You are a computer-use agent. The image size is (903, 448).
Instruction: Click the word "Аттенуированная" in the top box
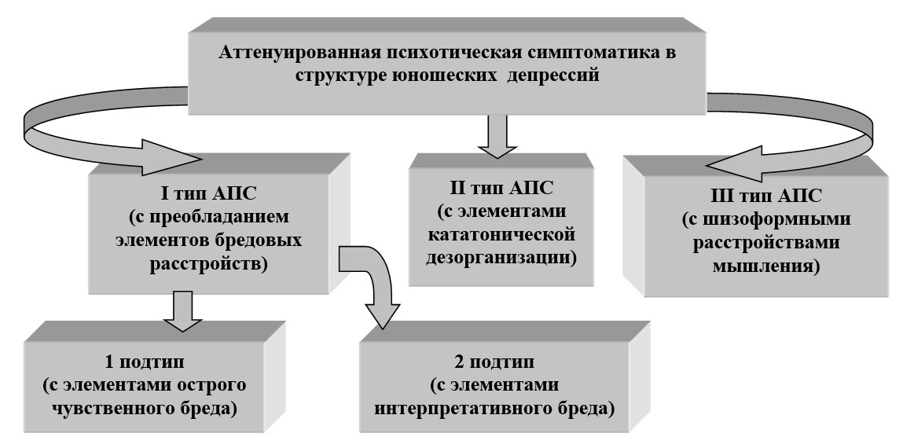tap(299, 53)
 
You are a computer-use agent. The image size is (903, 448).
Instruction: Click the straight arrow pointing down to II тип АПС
tap(497, 136)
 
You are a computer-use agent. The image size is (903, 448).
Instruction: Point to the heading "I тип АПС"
tap(208, 195)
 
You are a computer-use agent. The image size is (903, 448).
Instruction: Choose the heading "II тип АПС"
tap(501, 188)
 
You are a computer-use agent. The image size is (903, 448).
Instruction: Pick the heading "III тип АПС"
tap(766, 196)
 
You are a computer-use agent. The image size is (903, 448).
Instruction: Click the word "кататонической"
tap(501, 235)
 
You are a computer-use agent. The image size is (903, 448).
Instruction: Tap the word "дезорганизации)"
tap(501, 257)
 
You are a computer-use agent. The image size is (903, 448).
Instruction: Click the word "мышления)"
tap(766, 266)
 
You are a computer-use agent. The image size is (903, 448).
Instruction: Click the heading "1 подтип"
tap(145, 363)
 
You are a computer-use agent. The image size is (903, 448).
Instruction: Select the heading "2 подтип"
tap(494, 362)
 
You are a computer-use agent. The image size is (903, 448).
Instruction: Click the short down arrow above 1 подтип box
tap(182, 311)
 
